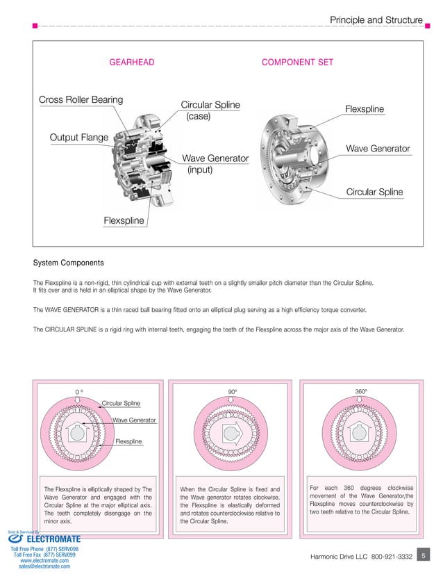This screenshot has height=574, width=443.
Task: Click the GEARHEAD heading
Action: coord(132,63)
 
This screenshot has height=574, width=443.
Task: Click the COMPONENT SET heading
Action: coord(297,63)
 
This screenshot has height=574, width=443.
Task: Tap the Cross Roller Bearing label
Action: coord(81,100)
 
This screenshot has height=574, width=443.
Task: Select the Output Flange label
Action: coord(78,137)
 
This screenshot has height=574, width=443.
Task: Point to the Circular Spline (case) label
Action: coord(210,110)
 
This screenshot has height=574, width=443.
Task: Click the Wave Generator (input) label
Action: coord(215,164)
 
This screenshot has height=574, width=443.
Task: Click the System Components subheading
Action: coord(69,263)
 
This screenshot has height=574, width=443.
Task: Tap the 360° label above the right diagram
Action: coord(361,392)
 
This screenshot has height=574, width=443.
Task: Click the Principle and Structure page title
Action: coord(376,20)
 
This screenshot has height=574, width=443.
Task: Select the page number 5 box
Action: coord(424,555)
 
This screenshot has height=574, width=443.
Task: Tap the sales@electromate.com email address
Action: coord(44,566)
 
